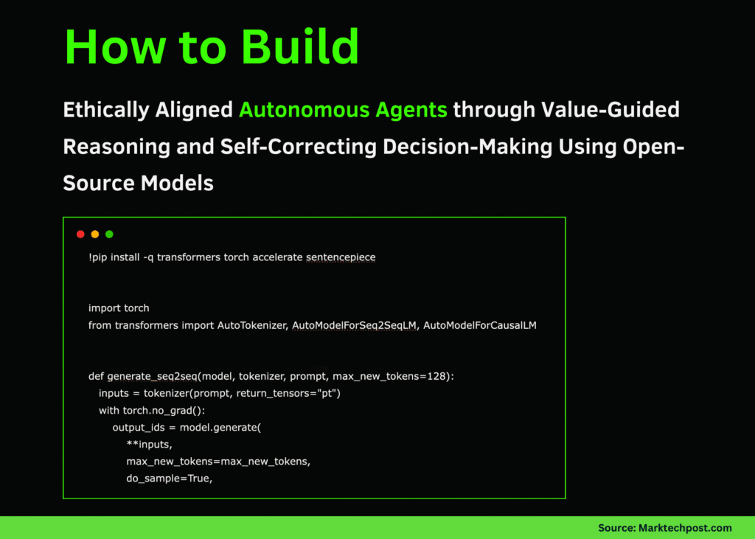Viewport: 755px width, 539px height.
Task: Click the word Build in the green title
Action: (x=300, y=46)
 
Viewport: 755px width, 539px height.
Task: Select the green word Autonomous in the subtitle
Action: (x=305, y=110)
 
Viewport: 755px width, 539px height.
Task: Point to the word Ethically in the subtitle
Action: (x=106, y=111)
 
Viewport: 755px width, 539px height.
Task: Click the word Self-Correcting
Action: (x=299, y=147)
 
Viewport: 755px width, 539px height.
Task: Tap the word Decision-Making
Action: (x=467, y=147)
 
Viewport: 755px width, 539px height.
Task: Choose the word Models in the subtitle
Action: (x=177, y=184)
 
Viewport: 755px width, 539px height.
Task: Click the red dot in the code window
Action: (x=80, y=234)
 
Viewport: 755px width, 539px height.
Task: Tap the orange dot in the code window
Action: (x=95, y=234)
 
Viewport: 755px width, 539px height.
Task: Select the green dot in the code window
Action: (x=109, y=234)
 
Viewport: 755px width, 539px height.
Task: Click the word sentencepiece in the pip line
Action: (x=341, y=257)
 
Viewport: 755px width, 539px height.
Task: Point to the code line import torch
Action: (x=119, y=308)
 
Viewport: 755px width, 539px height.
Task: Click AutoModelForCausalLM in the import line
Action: (x=479, y=325)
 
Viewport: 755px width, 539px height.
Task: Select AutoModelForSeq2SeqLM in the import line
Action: (x=355, y=325)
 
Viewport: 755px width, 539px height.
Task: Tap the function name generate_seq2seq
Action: (x=152, y=376)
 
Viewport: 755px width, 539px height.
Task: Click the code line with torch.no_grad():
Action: (x=152, y=411)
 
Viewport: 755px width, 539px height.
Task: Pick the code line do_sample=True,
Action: (x=170, y=479)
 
